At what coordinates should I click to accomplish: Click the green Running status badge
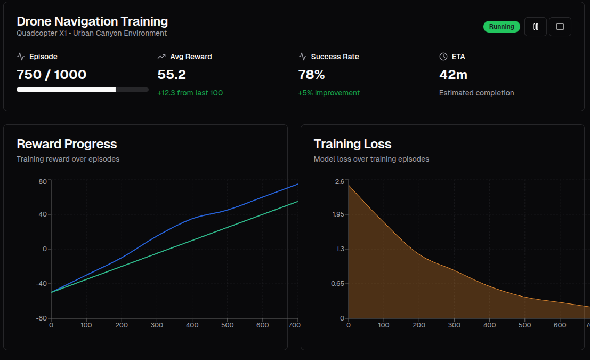[501, 27]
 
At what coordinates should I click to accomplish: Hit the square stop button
[560, 27]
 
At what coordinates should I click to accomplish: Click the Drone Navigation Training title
[92, 21]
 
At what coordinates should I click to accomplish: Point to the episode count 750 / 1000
[51, 74]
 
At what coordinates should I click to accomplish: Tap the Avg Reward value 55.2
[172, 74]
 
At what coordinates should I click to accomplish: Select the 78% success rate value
[311, 74]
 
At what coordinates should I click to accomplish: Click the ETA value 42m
[453, 74]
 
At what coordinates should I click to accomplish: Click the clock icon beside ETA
[443, 57]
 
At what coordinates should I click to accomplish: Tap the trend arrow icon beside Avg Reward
[161, 57]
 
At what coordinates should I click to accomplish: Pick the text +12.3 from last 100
[190, 93]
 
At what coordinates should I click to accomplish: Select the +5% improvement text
[329, 93]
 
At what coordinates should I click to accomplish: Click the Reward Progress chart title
[67, 144]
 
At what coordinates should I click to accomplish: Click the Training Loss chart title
[352, 144]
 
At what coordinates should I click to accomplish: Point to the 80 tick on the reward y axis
[43, 181]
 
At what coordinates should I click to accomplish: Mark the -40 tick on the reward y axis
[41, 283]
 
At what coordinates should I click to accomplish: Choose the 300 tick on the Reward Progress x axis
[157, 325]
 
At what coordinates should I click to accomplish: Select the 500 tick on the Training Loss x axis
[525, 325]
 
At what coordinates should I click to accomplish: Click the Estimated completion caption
[476, 93]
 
